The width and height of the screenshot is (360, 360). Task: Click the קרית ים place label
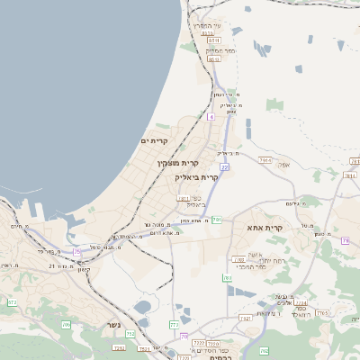coord(155,141)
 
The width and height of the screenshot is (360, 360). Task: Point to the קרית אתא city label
coord(265,229)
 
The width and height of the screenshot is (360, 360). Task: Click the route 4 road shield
coord(211,116)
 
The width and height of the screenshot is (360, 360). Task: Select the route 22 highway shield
coord(224,166)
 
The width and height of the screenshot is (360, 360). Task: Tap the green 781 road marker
coord(217,220)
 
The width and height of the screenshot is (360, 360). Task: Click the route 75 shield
coord(77,251)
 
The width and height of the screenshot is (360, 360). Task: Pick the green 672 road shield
coord(12,302)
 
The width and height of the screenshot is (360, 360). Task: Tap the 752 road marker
coord(130,334)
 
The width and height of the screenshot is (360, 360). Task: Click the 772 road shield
coord(174,324)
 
